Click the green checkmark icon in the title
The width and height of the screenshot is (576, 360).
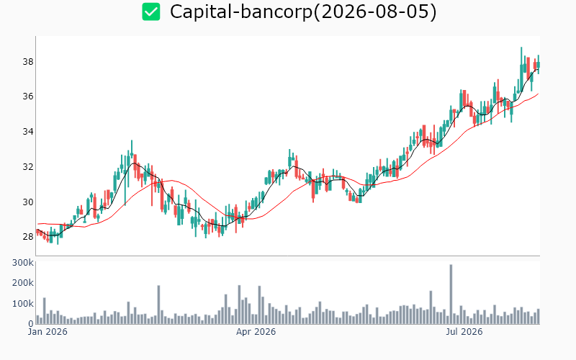point(151,12)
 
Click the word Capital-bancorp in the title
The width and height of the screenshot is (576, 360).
point(240,12)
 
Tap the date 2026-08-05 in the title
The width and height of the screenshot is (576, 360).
point(374,12)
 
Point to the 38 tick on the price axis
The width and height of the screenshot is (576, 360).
point(28,62)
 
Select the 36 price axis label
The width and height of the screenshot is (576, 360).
point(28,96)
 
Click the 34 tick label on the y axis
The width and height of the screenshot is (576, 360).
point(28,132)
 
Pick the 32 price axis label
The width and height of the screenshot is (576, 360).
point(28,167)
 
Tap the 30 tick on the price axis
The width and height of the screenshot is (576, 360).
point(28,202)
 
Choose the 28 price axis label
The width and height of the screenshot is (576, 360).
point(28,237)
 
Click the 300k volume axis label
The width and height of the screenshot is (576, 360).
point(23,263)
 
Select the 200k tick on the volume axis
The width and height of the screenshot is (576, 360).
point(23,283)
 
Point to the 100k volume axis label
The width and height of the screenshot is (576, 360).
point(23,304)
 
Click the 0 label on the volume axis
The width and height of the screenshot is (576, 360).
point(31,323)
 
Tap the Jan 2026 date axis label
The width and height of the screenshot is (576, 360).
point(48,332)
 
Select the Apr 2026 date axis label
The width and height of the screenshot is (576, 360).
point(256,332)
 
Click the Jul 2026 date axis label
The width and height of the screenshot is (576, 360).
point(464,332)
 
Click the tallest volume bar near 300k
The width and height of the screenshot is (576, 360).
point(451,294)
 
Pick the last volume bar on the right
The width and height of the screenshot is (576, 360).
point(538,316)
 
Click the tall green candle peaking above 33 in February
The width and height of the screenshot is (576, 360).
point(132,150)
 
